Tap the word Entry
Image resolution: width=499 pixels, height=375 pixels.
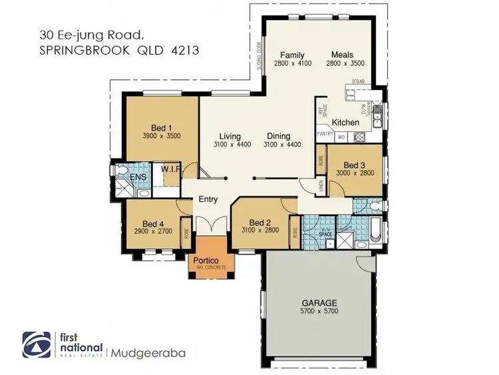coord(208,198)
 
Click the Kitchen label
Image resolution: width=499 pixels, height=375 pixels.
coord(345,123)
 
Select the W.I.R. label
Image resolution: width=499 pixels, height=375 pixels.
coord(171,170)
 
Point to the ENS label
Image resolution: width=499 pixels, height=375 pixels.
coord(138,177)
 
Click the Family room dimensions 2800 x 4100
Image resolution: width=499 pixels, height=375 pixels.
coord(291,64)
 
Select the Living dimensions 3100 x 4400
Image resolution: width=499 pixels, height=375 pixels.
coord(232,145)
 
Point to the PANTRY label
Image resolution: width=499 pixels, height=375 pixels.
coord(325,134)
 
